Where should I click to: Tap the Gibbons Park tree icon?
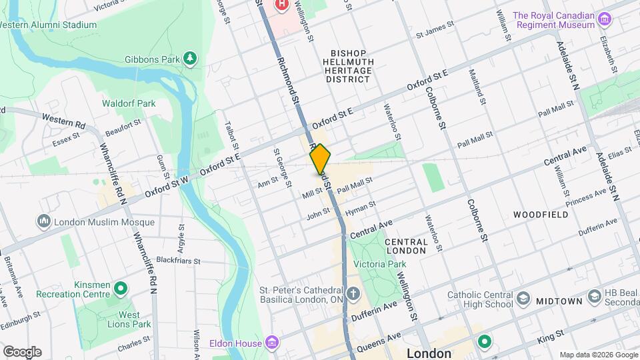tap(191, 59)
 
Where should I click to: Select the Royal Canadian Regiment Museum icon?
tap(605, 19)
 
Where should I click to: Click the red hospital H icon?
tap(282, 5)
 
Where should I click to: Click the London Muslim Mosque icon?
tap(44, 221)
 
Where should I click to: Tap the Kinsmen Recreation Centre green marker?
tap(121, 289)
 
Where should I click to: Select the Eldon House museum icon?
tap(271, 343)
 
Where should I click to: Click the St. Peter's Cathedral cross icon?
tap(353, 294)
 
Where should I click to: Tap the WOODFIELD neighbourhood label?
tap(541, 215)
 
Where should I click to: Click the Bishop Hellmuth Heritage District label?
tap(347, 66)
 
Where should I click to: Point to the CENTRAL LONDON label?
tap(405, 246)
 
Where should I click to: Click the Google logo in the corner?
tap(21, 351)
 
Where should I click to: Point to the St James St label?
tap(435, 31)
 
